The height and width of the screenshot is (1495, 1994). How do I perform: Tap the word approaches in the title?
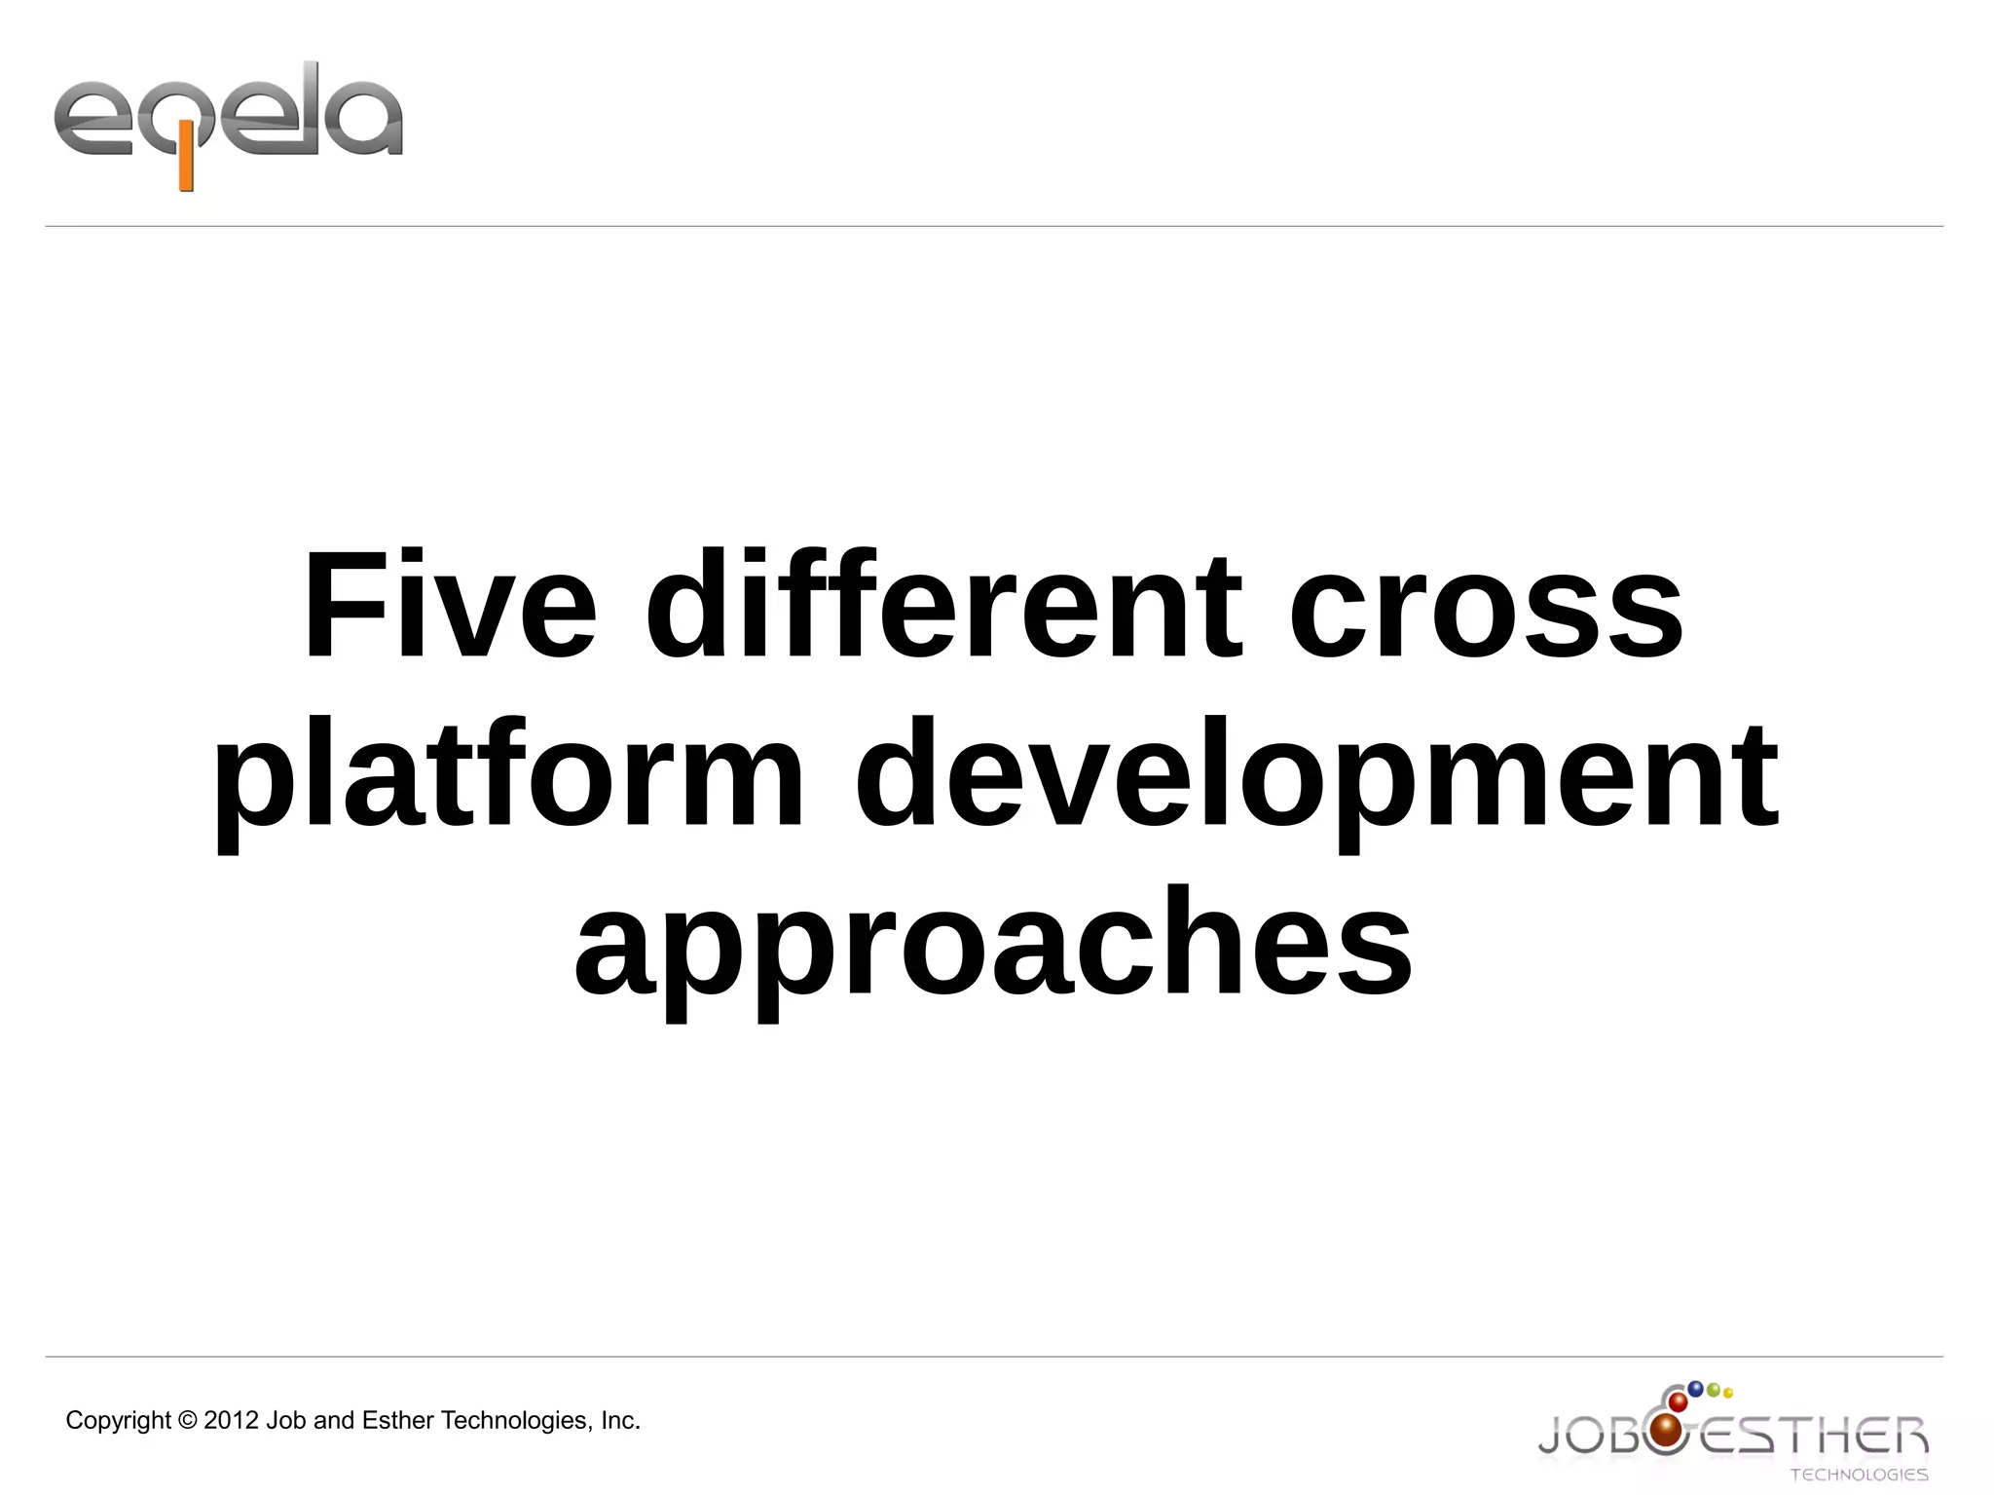pyautogui.click(x=993, y=945)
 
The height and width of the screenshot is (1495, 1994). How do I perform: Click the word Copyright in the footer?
pyautogui.click(x=118, y=1421)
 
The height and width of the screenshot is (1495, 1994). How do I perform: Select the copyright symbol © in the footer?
pyautogui.click(x=188, y=1421)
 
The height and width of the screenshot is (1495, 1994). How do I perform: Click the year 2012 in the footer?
pyautogui.click(x=231, y=1421)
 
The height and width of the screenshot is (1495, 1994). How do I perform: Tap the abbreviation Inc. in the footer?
pyautogui.click(x=620, y=1421)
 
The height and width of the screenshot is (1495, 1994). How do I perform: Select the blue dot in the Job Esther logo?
pyautogui.click(x=1695, y=1388)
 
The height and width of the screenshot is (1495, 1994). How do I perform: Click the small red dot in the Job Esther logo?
pyautogui.click(x=1678, y=1402)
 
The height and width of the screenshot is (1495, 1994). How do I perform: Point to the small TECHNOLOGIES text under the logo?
pyautogui.click(x=1859, y=1475)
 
